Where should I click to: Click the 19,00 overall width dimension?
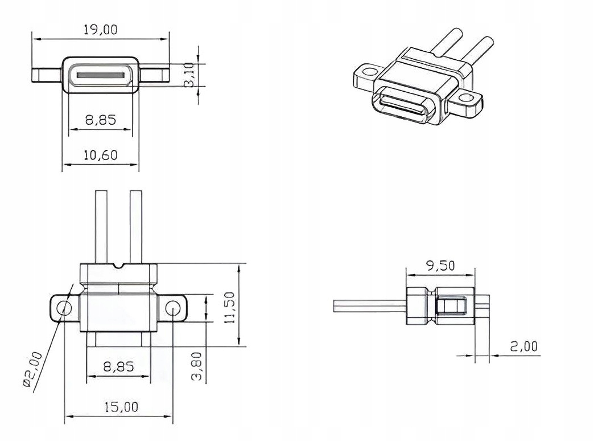[100, 30]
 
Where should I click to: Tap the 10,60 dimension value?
[100, 155]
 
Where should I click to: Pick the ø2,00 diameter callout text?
[34, 370]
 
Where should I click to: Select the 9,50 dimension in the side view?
[440, 266]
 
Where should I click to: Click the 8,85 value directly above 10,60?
[100, 120]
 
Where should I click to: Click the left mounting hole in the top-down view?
[64, 308]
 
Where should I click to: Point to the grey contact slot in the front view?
[100, 75]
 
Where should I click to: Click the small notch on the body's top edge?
[119, 266]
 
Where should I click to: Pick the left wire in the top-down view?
[101, 227]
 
